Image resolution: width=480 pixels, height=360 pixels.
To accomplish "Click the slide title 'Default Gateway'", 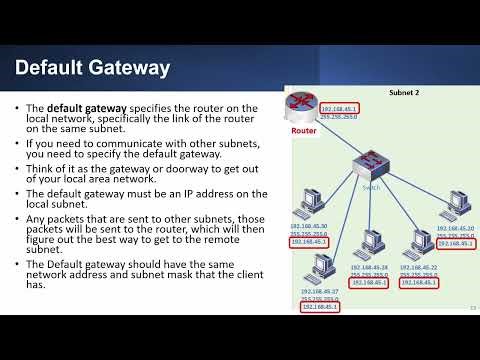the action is coord(92,68).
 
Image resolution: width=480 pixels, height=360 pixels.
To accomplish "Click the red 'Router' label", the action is coord(305,131).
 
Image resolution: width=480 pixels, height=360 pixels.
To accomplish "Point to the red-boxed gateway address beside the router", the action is coord(339,108).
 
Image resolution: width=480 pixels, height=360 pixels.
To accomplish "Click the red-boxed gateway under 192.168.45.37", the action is coord(320,306).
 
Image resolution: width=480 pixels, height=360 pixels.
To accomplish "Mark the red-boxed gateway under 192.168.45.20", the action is coord(455,243).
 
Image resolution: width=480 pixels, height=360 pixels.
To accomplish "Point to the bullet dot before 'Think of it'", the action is coord(19,170).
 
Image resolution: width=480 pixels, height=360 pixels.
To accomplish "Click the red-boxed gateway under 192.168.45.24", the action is coord(369,283).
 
